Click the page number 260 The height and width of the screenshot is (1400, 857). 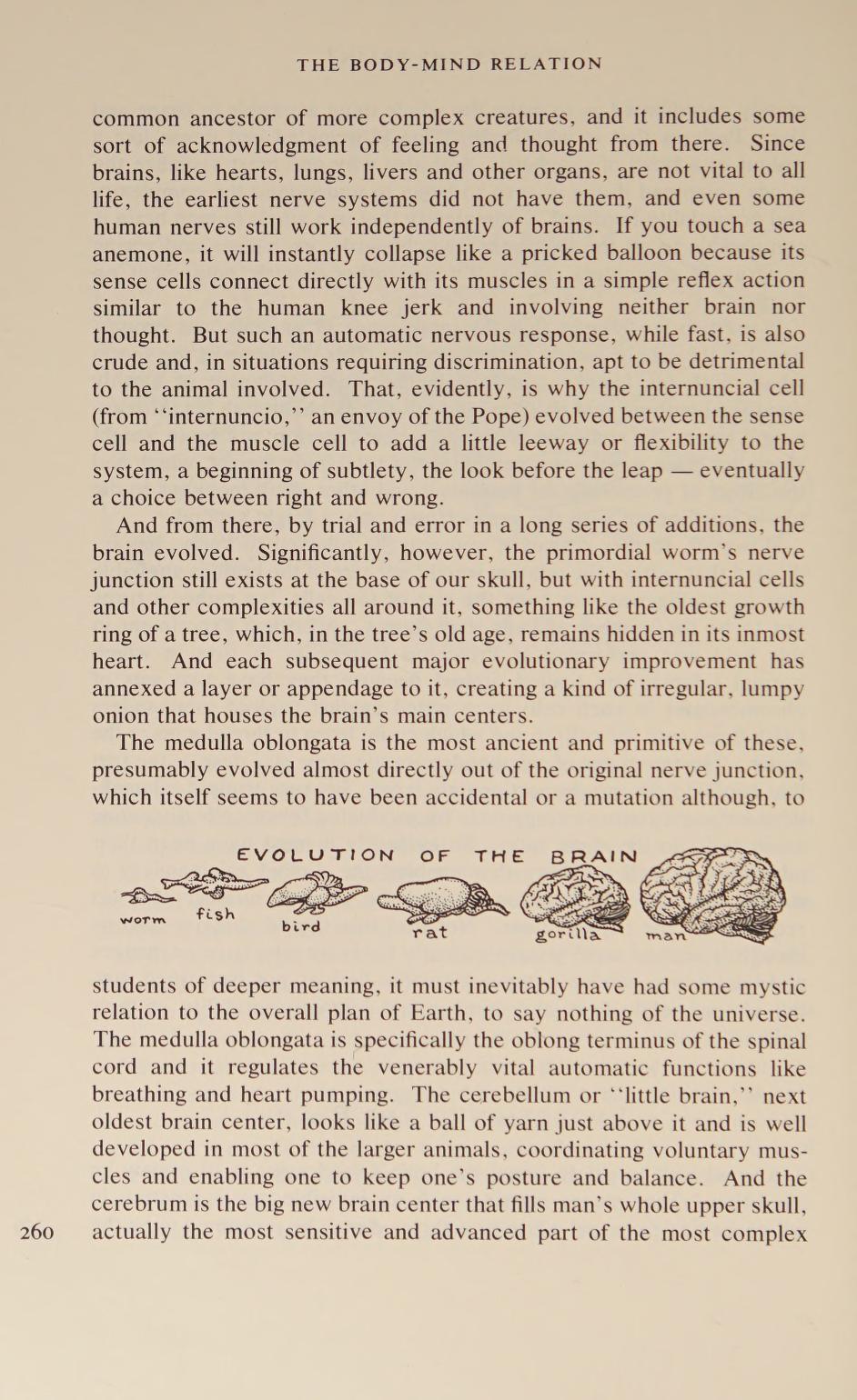[36, 1233]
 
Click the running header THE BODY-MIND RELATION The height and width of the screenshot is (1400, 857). [449, 65]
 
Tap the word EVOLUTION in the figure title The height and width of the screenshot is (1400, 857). [316, 855]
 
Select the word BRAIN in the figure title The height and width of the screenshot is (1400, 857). [594, 856]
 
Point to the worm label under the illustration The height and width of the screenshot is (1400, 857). [144, 920]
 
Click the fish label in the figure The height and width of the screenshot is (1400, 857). [216, 914]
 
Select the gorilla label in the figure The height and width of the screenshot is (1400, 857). [568, 935]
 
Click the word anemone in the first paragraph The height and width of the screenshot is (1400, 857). [137, 253]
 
